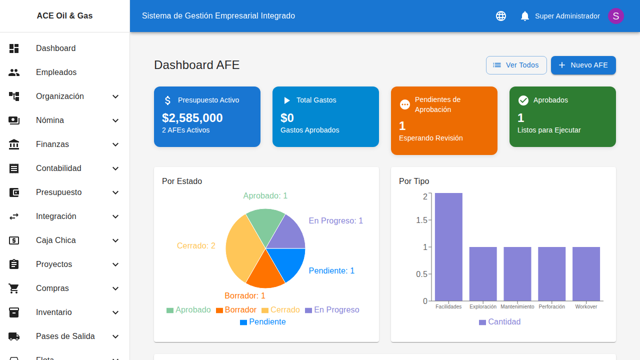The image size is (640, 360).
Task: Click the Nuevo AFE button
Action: [x=583, y=65]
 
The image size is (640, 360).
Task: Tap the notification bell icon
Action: [x=524, y=16]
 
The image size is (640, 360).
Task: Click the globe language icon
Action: [x=500, y=16]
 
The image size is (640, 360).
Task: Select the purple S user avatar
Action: [x=615, y=16]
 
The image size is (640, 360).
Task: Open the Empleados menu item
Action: [x=56, y=72]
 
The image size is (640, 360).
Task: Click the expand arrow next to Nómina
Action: [x=115, y=120]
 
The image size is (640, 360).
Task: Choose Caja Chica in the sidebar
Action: [x=56, y=240]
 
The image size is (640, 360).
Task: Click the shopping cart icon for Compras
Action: [x=14, y=288]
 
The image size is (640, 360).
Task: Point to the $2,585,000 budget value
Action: [x=192, y=118]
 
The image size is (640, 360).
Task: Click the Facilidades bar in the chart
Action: [x=448, y=247]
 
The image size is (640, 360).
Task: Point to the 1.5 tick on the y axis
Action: [x=422, y=220]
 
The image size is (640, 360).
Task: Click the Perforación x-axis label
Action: [x=551, y=306]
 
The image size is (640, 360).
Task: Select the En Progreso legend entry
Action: [x=332, y=310]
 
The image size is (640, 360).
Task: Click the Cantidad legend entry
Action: [x=499, y=322]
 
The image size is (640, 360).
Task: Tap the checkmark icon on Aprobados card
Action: [x=523, y=100]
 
